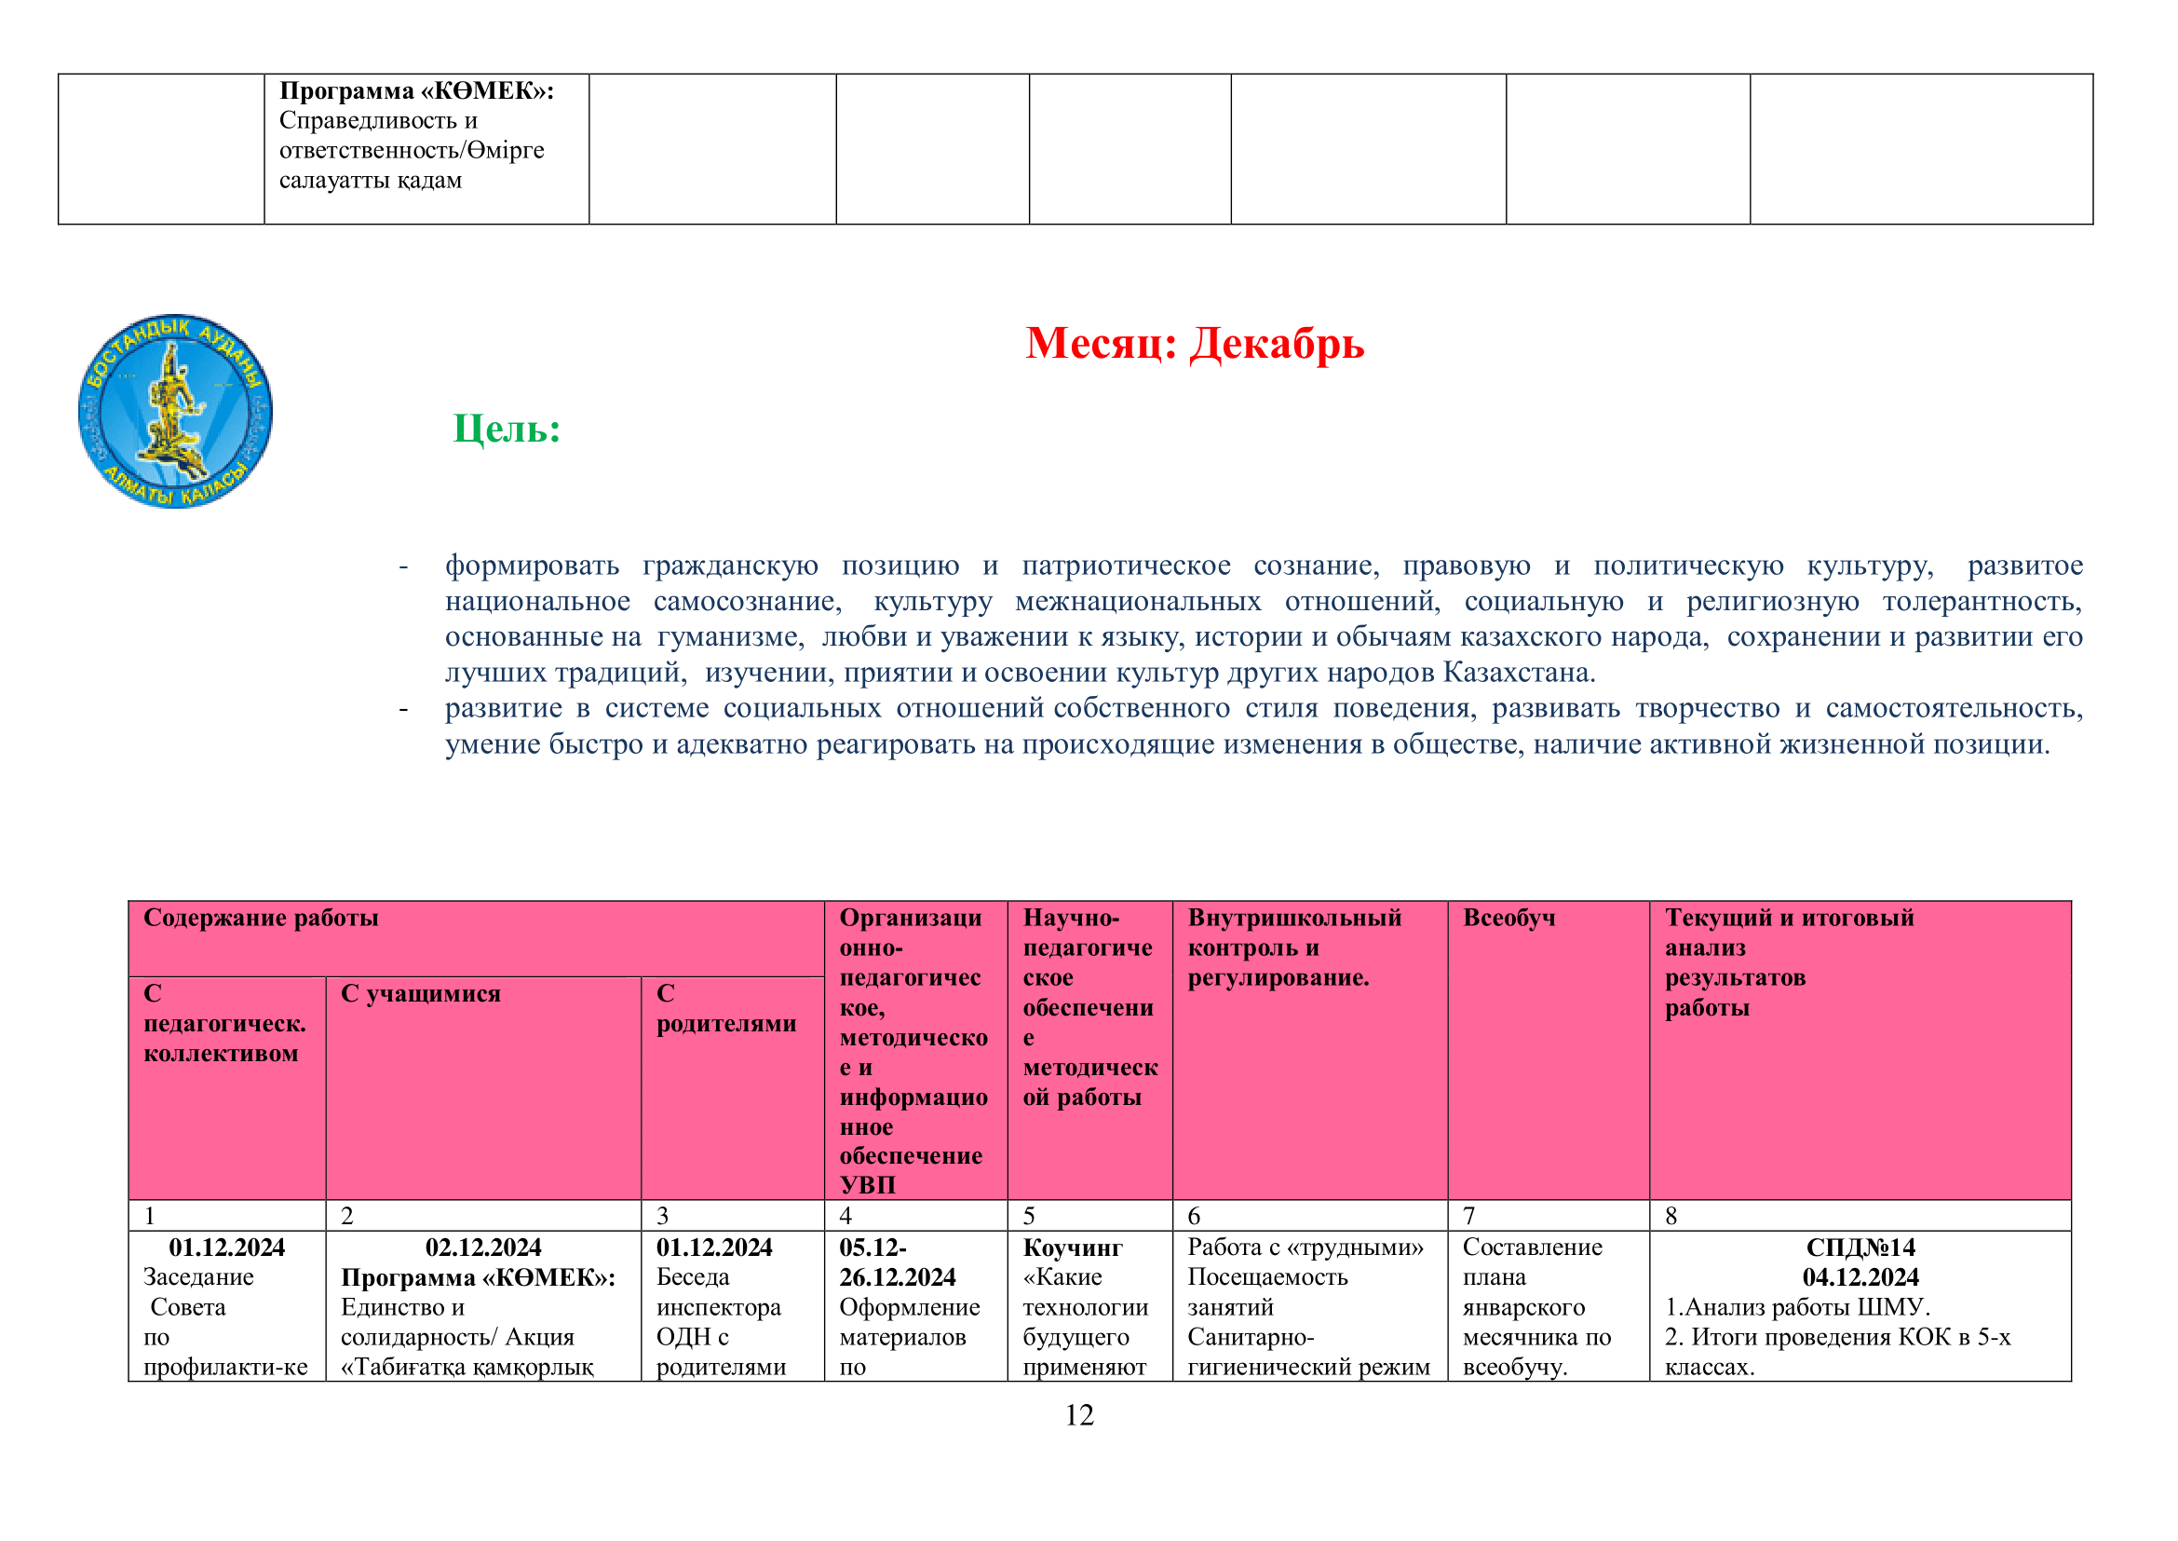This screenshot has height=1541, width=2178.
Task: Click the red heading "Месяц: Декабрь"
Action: click(x=1195, y=344)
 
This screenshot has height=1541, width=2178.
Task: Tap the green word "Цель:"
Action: click(x=507, y=429)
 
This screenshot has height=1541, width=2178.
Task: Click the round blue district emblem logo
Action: click(x=175, y=411)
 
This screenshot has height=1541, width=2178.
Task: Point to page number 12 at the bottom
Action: click(x=1079, y=1415)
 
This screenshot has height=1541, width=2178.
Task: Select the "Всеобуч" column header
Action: click(x=1508, y=918)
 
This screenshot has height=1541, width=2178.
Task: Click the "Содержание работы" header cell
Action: click(x=261, y=918)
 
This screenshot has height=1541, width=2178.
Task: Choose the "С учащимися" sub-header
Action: click(x=420, y=993)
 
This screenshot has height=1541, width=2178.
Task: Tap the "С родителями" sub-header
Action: click(x=725, y=1009)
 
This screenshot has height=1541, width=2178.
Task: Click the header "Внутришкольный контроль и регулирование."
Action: click(x=1294, y=947)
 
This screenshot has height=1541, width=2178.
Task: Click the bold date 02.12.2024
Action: click(x=483, y=1247)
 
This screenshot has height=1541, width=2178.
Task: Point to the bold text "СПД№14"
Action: click(x=1860, y=1247)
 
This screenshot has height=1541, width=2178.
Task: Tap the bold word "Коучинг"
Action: click(x=1072, y=1247)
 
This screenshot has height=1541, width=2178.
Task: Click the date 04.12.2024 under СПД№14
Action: click(x=1860, y=1277)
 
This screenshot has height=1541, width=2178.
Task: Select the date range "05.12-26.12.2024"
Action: click(x=897, y=1262)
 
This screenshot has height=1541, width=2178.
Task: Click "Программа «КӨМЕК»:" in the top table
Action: click(x=416, y=91)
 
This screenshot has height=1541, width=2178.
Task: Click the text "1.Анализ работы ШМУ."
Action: click(x=1796, y=1306)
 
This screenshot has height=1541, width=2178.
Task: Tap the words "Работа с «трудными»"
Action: click(x=1305, y=1247)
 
